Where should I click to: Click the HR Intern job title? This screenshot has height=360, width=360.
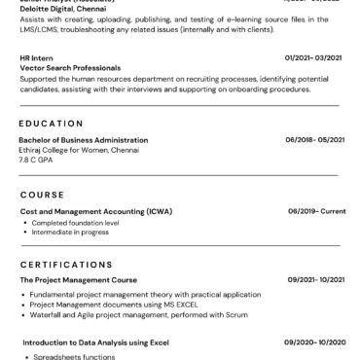[x=36, y=57]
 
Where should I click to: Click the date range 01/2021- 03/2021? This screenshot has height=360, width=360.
[x=311, y=57]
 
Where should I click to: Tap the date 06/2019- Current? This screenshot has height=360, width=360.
[x=316, y=210]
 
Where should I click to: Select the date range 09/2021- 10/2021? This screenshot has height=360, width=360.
[x=311, y=279]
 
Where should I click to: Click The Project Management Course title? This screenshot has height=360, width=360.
[x=78, y=279]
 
